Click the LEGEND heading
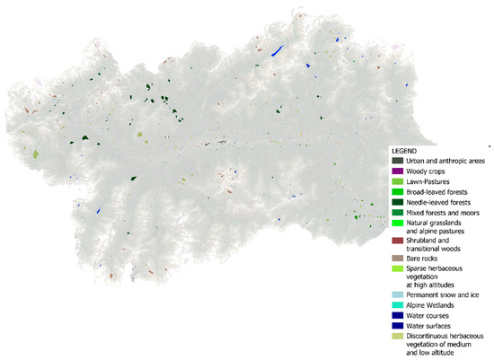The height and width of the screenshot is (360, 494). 404,150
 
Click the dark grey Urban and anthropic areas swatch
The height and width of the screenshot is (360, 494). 396,160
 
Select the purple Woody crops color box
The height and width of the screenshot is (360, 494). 396,171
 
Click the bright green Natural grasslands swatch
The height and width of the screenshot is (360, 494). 396,222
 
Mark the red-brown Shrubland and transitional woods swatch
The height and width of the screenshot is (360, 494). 396,241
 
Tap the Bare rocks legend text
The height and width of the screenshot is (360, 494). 423,258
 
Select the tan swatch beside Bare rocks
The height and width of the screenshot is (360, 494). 396,258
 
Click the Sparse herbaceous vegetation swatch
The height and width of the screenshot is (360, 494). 396,268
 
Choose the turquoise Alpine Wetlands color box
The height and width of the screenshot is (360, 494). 396,305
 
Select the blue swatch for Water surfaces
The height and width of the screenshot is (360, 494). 396,326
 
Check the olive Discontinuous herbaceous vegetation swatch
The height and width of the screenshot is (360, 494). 396,337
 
